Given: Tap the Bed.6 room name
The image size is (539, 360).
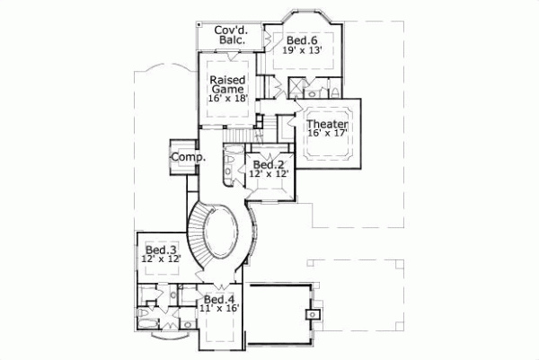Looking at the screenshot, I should tap(302, 40).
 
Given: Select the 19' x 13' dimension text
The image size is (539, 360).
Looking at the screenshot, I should tap(302, 52).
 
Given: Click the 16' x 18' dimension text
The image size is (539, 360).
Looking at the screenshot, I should tap(228, 99).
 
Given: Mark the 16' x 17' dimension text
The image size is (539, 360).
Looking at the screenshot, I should tap(326, 134).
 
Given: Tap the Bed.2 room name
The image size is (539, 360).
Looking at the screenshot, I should tap(269, 164).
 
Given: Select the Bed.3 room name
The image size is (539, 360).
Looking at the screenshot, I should tap(160, 249).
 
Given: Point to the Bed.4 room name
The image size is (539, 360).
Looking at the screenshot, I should tap(219, 299).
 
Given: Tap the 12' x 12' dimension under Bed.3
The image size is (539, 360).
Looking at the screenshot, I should tap(161, 259).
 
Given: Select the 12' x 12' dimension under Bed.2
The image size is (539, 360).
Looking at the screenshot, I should tap(269, 174).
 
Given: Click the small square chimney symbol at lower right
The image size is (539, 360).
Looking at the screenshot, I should tap(312, 314).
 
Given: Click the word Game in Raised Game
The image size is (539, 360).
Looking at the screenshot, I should tap(228, 90).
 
